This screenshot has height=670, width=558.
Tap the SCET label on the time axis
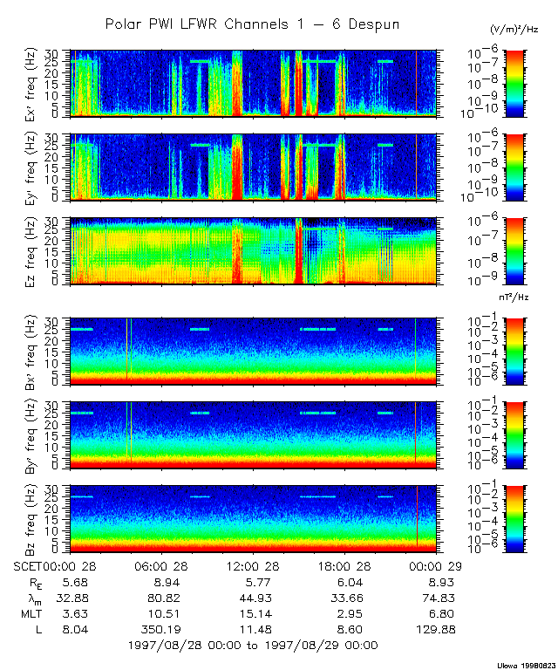pyautogui.click(x=30, y=566)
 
